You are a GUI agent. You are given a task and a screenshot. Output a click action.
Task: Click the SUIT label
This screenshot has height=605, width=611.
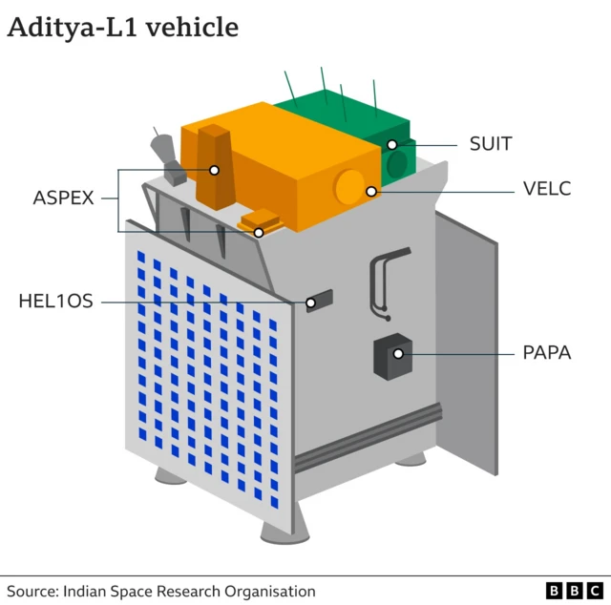point(491,144)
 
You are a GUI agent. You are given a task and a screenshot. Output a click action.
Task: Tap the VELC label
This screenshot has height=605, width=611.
point(547,189)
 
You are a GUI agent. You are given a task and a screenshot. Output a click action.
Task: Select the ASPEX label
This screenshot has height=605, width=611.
point(64,198)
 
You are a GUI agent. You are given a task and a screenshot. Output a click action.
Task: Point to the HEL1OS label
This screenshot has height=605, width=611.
point(56,302)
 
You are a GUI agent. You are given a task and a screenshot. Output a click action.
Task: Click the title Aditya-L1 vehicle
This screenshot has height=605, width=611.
point(122,28)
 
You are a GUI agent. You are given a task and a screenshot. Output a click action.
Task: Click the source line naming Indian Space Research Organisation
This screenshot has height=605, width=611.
point(161,592)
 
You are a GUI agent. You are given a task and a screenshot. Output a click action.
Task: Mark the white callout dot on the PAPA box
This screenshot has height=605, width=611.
point(398,354)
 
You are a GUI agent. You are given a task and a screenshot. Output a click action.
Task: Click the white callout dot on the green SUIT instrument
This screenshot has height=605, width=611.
point(391,145)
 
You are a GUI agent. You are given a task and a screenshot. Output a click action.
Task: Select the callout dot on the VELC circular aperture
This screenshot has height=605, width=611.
point(370,191)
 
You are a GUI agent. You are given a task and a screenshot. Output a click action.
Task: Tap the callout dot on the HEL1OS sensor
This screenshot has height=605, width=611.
point(310,303)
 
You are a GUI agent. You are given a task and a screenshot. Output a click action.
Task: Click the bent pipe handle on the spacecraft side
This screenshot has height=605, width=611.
point(382,277)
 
